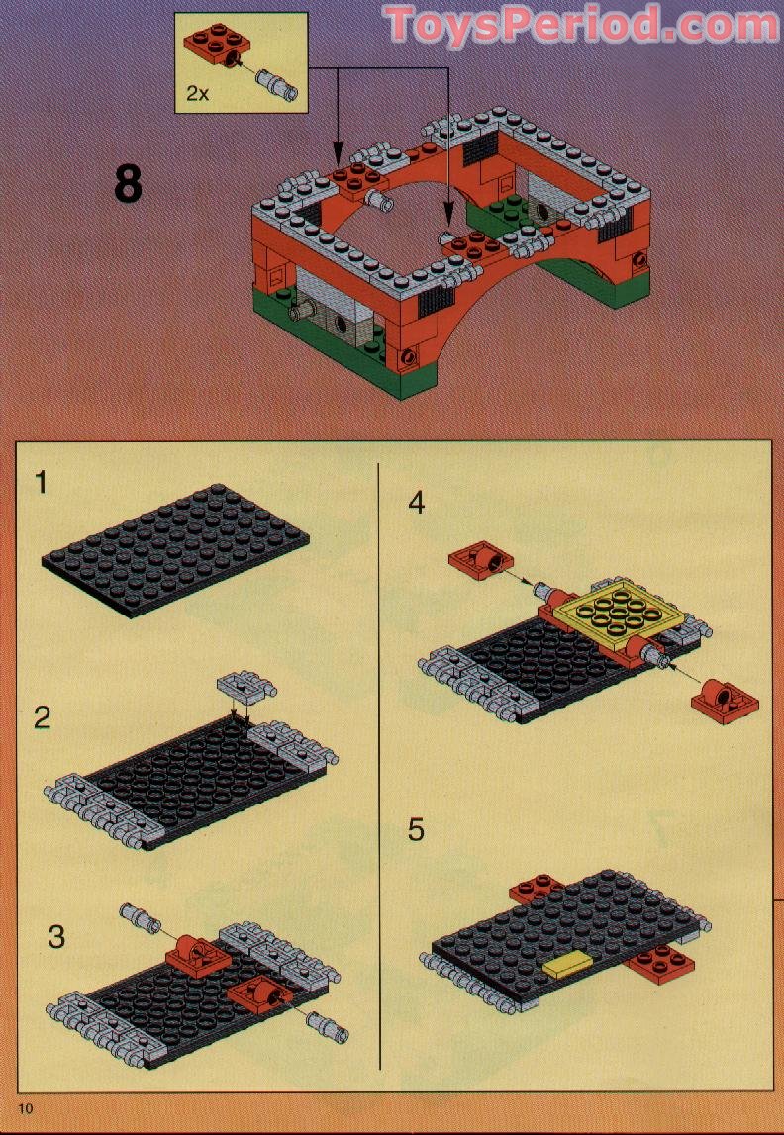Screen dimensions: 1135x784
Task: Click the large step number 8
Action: [128, 184]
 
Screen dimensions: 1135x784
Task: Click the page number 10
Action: [25, 1108]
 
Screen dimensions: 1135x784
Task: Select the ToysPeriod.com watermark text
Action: [581, 24]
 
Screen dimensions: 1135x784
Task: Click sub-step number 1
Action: [42, 483]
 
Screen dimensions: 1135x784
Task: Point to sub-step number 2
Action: [42, 717]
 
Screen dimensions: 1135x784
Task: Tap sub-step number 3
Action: [55, 936]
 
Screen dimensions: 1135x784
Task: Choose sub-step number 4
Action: [416, 503]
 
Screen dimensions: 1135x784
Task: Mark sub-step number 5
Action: [416, 829]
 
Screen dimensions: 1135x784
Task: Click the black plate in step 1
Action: [176, 547]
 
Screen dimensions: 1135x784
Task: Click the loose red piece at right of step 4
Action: [724, 701]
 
